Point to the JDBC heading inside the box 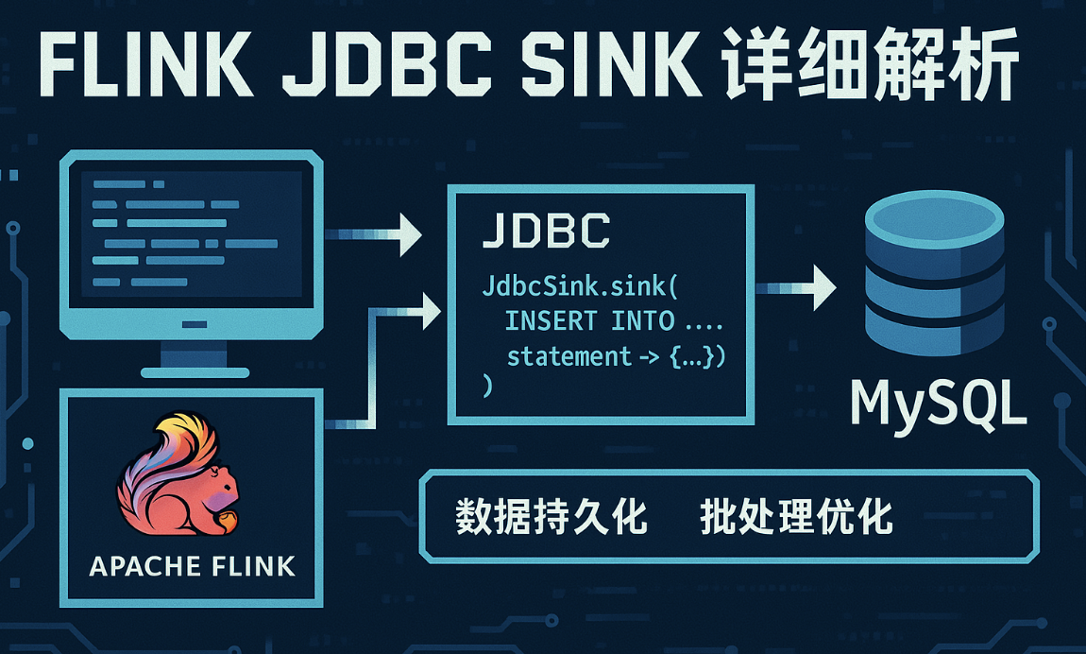(545, 232)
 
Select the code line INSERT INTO (589, 321)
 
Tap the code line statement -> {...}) (615, 357)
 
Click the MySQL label (937, 404)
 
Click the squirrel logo (179, 482)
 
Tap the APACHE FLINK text (192, 566)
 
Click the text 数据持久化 (551, 518)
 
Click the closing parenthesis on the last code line (487, 386)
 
